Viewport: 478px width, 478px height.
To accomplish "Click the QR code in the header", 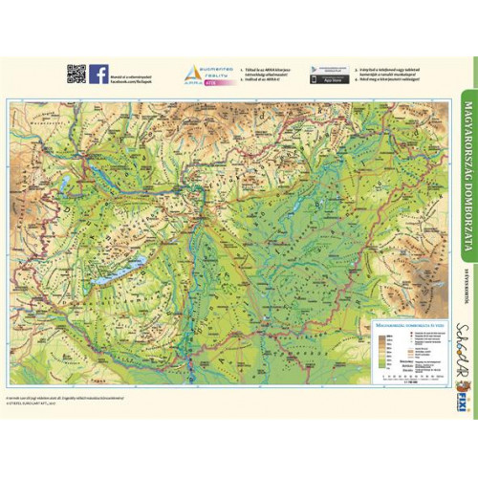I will click(x=76, y=74).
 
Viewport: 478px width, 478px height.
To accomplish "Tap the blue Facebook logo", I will click(x=98, y=74).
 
